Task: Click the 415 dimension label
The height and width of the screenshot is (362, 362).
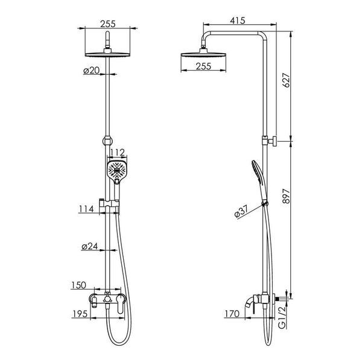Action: point(237,21)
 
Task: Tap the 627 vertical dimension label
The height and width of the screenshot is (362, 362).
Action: point(286,80)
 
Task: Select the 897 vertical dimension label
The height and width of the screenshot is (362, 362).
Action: point(286,196)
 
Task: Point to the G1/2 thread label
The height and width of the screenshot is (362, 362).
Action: point(282,317)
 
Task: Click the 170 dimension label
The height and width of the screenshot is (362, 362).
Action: point(232,314)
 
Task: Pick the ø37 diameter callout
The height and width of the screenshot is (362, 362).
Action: point(241,211)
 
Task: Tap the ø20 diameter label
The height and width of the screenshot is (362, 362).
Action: point(92,71)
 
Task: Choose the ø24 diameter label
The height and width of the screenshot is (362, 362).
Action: point(90,246)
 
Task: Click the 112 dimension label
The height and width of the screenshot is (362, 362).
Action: point(117,153)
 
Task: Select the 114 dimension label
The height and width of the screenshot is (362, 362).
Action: point(86,209)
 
